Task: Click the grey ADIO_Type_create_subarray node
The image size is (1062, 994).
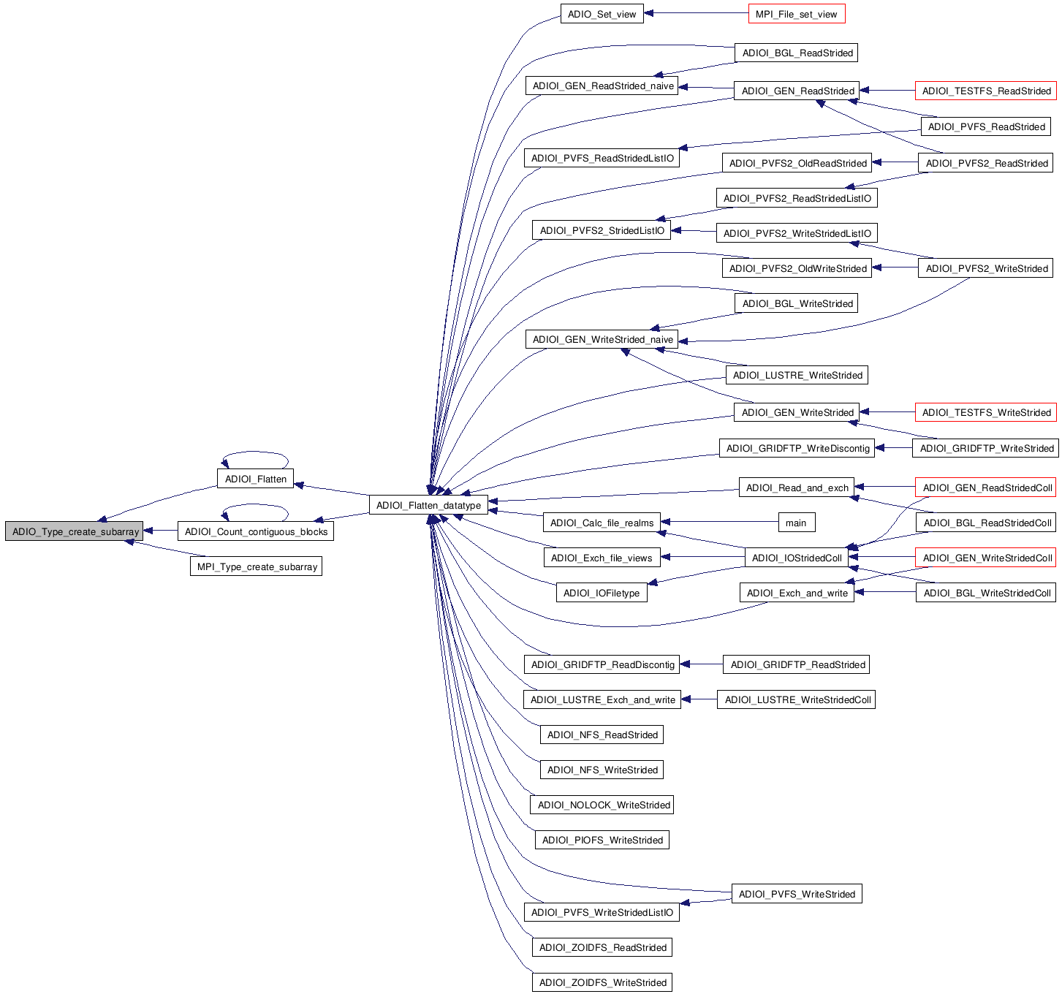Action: (x=75, y=531)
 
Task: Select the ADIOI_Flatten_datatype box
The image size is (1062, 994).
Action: (x=428, y=505)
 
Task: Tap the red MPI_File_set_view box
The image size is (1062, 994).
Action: (x=796, y=14)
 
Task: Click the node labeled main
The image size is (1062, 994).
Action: (x=796, y=523)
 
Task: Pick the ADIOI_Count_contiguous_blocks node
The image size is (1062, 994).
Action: (x=256, y=531)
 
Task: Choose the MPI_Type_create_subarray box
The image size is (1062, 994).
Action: (x=257, y=566)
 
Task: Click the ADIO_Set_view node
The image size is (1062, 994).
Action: (x=602, y=14)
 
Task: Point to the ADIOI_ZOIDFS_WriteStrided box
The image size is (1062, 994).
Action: (x=602, y=982)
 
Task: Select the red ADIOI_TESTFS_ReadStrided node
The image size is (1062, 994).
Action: (x=986, y=91)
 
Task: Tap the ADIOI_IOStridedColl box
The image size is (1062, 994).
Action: (x=797, y=558)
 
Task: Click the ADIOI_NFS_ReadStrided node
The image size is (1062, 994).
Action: (x=602, y=735)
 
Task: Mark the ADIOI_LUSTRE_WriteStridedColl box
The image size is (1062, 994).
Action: (x=796, y=699)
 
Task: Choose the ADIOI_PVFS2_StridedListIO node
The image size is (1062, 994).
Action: (x=602, y=230)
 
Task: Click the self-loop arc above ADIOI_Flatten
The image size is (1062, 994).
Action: (x=255, y=452)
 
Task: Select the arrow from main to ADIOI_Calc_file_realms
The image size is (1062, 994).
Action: (x=720, y=522)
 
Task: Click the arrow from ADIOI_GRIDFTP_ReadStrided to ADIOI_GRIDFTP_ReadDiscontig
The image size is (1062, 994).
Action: (x=702, y=664)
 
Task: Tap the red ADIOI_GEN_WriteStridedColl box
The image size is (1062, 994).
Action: (x=986, y=558)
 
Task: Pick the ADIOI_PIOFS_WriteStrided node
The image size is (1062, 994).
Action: (x=602, y=840)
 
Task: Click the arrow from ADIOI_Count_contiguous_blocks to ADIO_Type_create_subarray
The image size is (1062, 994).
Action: (x=160, y=531)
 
